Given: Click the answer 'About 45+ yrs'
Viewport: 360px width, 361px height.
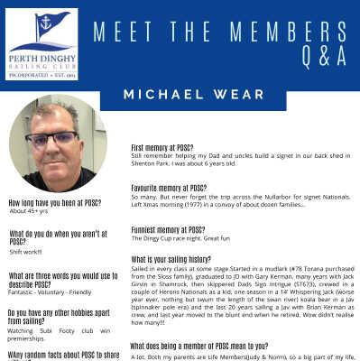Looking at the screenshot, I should pos(30,211).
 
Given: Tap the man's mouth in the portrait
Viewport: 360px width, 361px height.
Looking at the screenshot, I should pos(56,162).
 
